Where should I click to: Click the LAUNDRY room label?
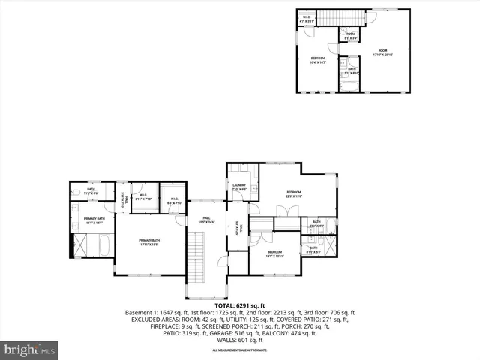(240, 188)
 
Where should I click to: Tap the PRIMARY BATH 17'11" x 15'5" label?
(150, 242)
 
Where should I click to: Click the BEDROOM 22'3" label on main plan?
(293, 194)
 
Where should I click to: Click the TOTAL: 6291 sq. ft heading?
(240, 306)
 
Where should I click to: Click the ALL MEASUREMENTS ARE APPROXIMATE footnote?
(240, 350)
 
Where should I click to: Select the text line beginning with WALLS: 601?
(240, 340)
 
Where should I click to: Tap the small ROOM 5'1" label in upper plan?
(350, 34)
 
